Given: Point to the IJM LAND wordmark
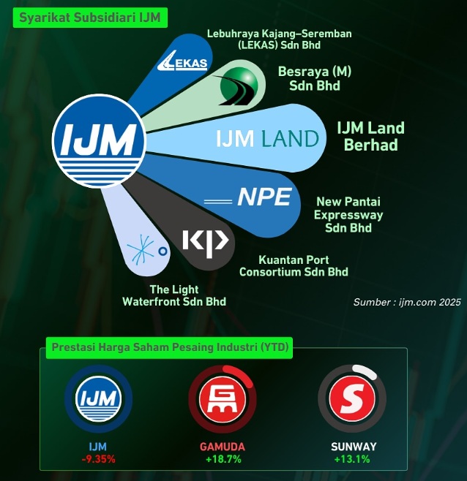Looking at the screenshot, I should pos(267,138).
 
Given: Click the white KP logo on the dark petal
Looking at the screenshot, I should pos(206,241).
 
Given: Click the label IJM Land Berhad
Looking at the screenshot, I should pos(370,136).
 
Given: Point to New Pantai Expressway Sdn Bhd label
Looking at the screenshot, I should pos(348,214).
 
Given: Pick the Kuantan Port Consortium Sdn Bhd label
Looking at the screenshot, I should pos(294,266).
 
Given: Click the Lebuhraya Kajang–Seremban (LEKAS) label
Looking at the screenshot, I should pos(280,39).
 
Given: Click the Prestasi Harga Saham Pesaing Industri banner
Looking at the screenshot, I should pos(169,348).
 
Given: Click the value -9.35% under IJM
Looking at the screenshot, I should pos(98,459).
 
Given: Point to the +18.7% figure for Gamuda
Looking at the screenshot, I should pos(223,459).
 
